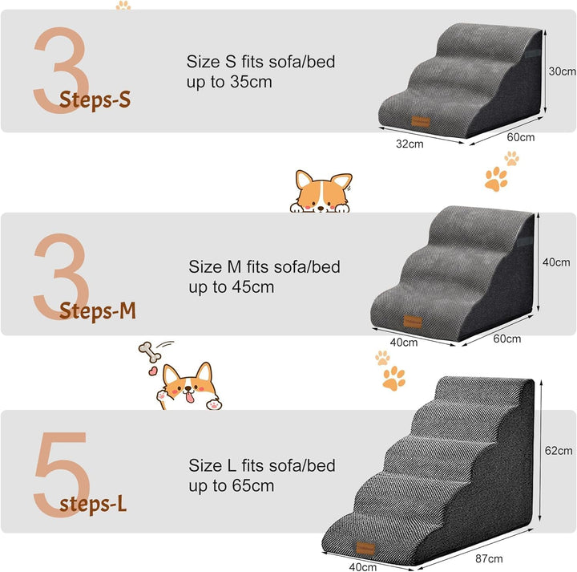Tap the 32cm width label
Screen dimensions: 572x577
point(410,144)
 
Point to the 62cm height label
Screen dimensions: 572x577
point(559,451)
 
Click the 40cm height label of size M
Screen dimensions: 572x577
point(556,262)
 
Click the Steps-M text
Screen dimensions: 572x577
point(98,311)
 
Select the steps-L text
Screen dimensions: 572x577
point(93,504)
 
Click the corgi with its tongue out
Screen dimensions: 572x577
point(190,387)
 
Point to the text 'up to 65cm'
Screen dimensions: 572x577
point(232,485)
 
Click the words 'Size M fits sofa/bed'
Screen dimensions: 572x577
point(264,266)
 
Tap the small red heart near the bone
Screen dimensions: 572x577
point(151,371)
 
